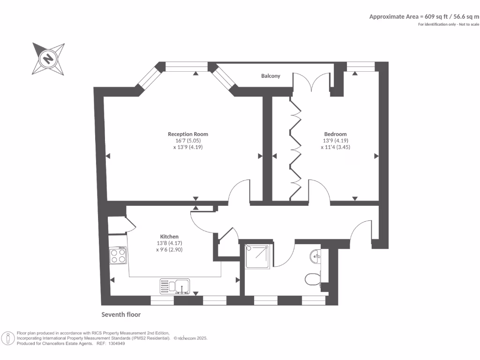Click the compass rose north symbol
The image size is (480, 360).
pyautogui.click(x=48, y=59)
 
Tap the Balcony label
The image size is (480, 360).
pyautogui.click(x=270, y=76)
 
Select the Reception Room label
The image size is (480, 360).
pyautogui.click(x=188, y=134)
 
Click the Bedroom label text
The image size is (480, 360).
pyautogui.click(x=335, y=134)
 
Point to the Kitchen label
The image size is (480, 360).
pyautogui.click(x=169, y=237)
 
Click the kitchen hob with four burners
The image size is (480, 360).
pyautogui.click(x=118, y=255)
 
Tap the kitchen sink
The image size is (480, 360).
pyautogui.click(x=175, y=285)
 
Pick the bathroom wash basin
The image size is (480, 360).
pyautogui.click(x=316, y=256)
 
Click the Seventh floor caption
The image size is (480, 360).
pyautogui.click(x=121, y=315)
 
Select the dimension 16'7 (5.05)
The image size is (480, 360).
pyautogui.click(x=187, y=141)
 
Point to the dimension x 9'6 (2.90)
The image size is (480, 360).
pyautogui.click(x=169, y=250)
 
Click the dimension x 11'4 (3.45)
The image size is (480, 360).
pyautogui.click(x=335, y=147)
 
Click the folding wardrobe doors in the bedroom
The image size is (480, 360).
pyautogui.click(x=295, y=145)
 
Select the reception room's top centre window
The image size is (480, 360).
pyautogui.click(x=187, y=67)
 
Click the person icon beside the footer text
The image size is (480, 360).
pyautogui.click(x=8, y=338)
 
